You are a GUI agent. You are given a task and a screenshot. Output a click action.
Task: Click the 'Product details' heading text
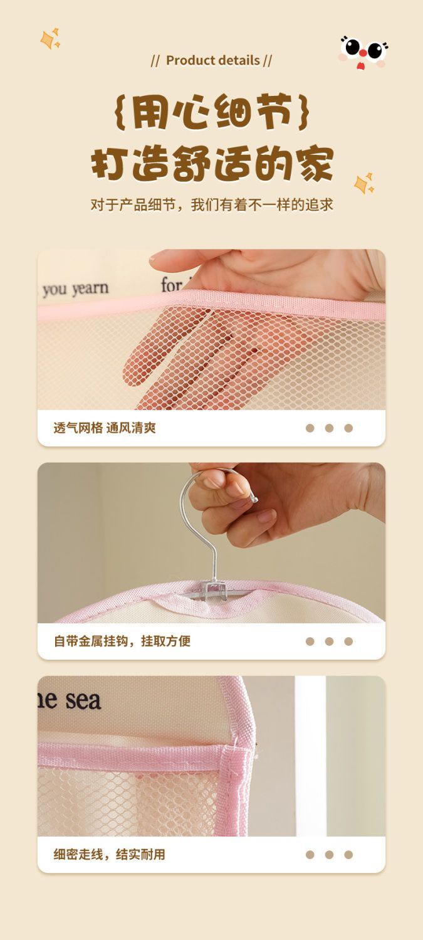tap(213, 60)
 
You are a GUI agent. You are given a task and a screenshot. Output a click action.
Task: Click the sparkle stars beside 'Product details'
tap(51, 39)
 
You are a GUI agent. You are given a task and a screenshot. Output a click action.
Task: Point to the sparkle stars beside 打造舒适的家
tap(364, 183)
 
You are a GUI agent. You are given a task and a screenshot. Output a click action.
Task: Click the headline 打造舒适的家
tap(212, 163)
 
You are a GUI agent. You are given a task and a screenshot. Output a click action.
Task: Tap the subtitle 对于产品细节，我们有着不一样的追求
tap(212, 205)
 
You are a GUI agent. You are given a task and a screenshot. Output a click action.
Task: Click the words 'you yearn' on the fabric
tap(75, 288)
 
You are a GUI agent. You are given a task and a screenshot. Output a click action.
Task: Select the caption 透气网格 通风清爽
tap(105, 428)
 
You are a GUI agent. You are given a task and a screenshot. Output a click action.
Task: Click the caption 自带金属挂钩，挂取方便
tap(122, 641)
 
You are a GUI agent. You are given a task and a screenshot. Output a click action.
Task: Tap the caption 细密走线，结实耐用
tap(110, 854)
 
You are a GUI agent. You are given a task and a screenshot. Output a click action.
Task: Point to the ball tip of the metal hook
tap(254, 499)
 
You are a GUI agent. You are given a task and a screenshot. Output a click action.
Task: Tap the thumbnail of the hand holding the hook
tap(211, 542)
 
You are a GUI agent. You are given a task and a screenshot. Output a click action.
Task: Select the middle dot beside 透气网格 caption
tap(329, 428)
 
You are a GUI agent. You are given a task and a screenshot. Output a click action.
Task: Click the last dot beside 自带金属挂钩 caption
tap(348, 642)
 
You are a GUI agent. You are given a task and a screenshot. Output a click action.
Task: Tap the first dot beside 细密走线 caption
tap(310, 854)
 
